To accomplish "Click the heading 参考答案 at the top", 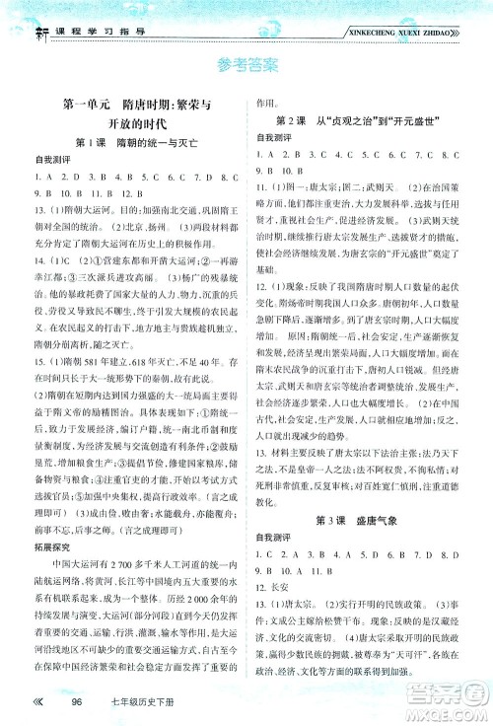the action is point(246,67).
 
